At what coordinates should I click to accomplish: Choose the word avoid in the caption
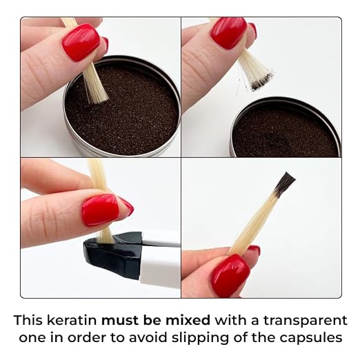point(148,337)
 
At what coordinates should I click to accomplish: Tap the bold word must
point(121,321)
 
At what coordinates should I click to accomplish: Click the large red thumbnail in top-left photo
point(81,42)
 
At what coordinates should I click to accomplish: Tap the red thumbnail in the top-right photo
point(228,33)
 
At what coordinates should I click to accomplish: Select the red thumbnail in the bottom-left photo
point(101,209)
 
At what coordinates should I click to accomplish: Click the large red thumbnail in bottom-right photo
point(230,275)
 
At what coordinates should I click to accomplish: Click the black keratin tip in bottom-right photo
point(284,184)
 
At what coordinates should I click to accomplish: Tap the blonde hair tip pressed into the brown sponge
point(96,92)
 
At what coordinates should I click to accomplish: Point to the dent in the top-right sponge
point(277,139)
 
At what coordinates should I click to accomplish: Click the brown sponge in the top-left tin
point(122,110)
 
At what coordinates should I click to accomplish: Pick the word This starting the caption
point(28,320)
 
